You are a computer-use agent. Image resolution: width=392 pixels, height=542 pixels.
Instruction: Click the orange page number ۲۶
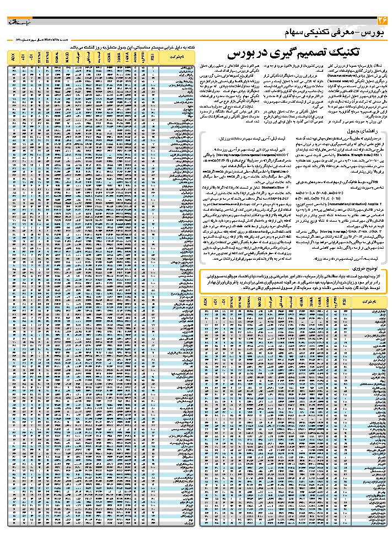tap(382, 21)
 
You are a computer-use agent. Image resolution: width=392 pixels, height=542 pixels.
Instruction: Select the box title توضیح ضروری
tap(366, 265)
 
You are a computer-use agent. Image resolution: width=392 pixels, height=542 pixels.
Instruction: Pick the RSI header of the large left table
tap(152, 56)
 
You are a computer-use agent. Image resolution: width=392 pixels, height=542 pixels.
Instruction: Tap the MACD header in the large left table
tap(67, 56)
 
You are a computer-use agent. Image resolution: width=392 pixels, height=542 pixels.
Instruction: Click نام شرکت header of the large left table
tap(182, 56)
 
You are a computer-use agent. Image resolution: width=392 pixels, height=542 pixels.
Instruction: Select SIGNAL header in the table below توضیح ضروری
tap(248, 303)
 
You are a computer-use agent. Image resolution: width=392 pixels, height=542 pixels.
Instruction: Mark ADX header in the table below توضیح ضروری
tap(205, 303)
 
